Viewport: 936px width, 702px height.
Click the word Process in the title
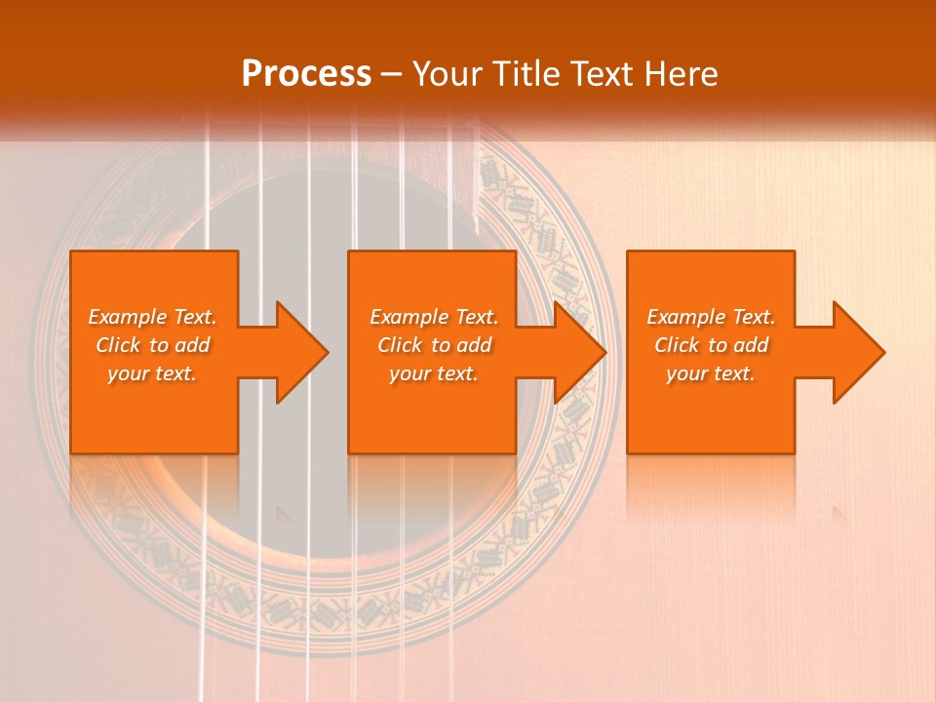point(306,73)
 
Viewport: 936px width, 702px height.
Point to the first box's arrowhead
point(299,352)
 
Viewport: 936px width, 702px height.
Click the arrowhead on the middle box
point(578,352)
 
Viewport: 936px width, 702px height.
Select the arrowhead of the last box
point(857,352)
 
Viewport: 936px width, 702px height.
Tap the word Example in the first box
point(128,317)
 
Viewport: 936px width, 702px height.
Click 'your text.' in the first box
point(152,373)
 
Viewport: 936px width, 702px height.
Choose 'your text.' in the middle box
point(433,373)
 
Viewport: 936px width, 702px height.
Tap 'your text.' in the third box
point(711,373)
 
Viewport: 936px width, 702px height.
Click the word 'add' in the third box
point(751,345)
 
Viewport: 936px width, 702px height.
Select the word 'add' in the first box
point(192,345)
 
